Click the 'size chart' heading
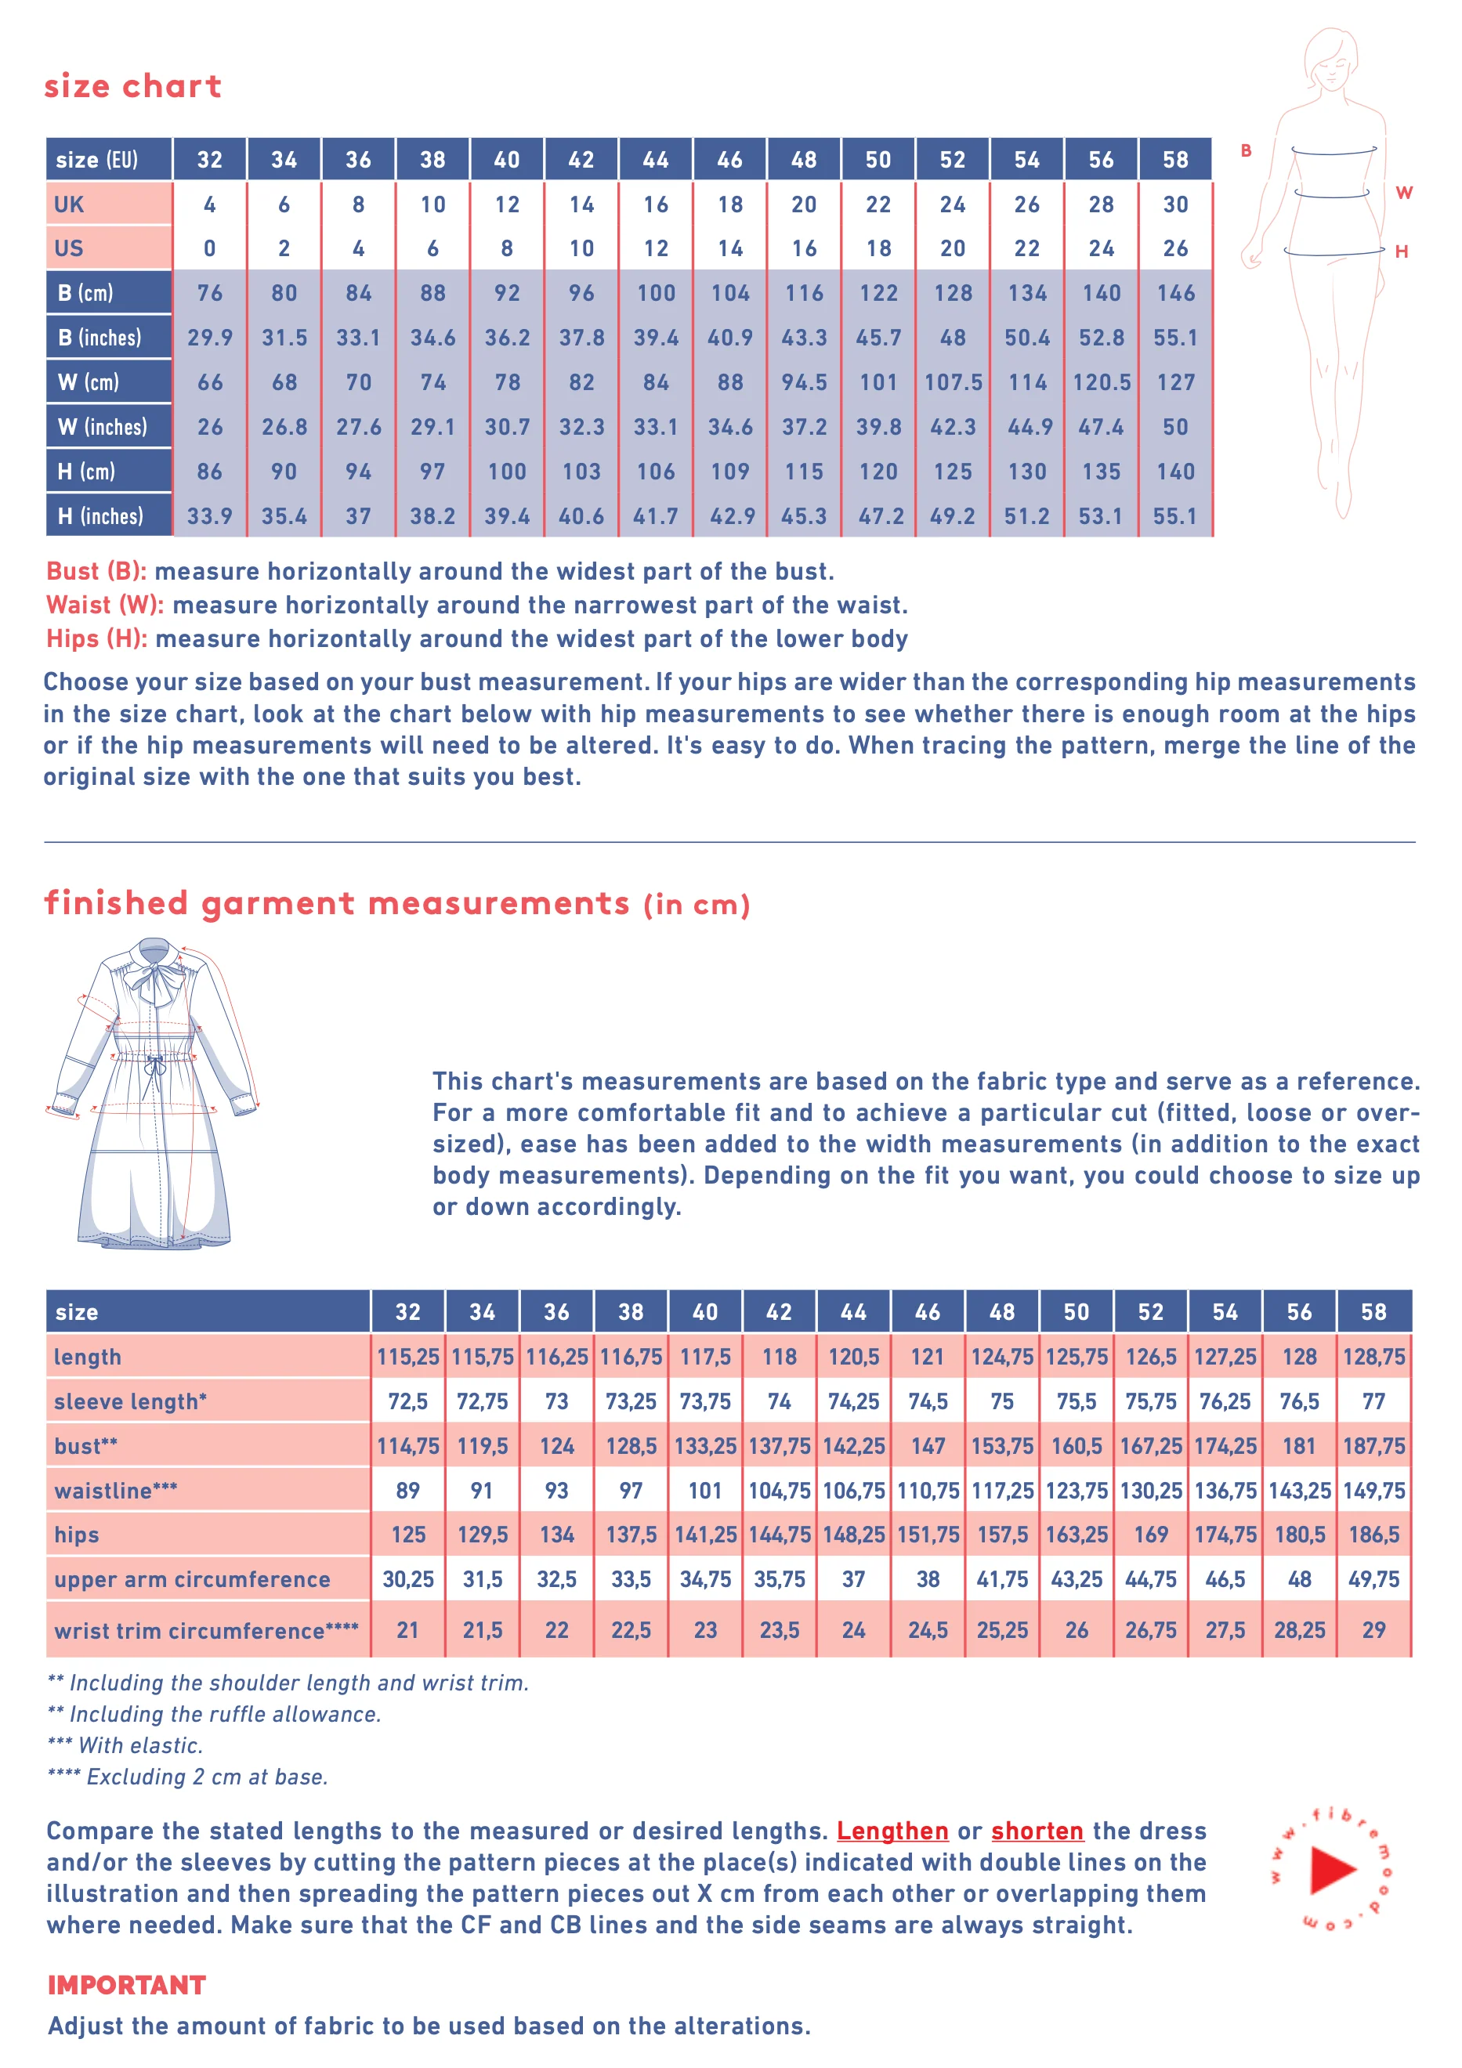tap(132, 85)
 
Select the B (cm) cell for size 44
tap(655, 293)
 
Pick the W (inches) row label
tap(102, 426)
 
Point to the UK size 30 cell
tap(1174, 204)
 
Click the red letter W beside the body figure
tap(1403, 193)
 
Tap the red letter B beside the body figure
tap(1246, 150)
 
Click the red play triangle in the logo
tap(1332, 1870)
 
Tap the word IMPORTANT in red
tap(127, 1984)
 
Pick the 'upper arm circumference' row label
tap(192, 1579)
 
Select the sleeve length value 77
tap(1373, 1401)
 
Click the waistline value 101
tap(704, 1491)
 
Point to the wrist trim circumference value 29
tap(1373, 1629)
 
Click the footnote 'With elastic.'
tap(140, 1745)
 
